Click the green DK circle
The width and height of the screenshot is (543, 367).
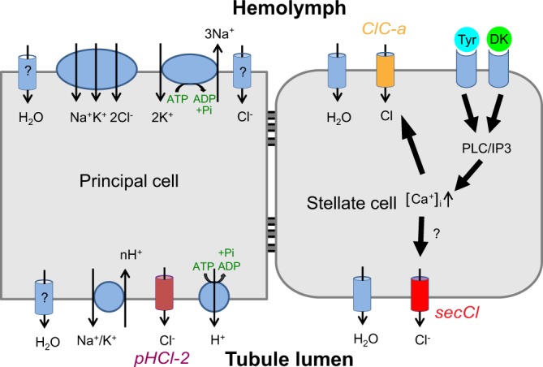pos(500,41)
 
